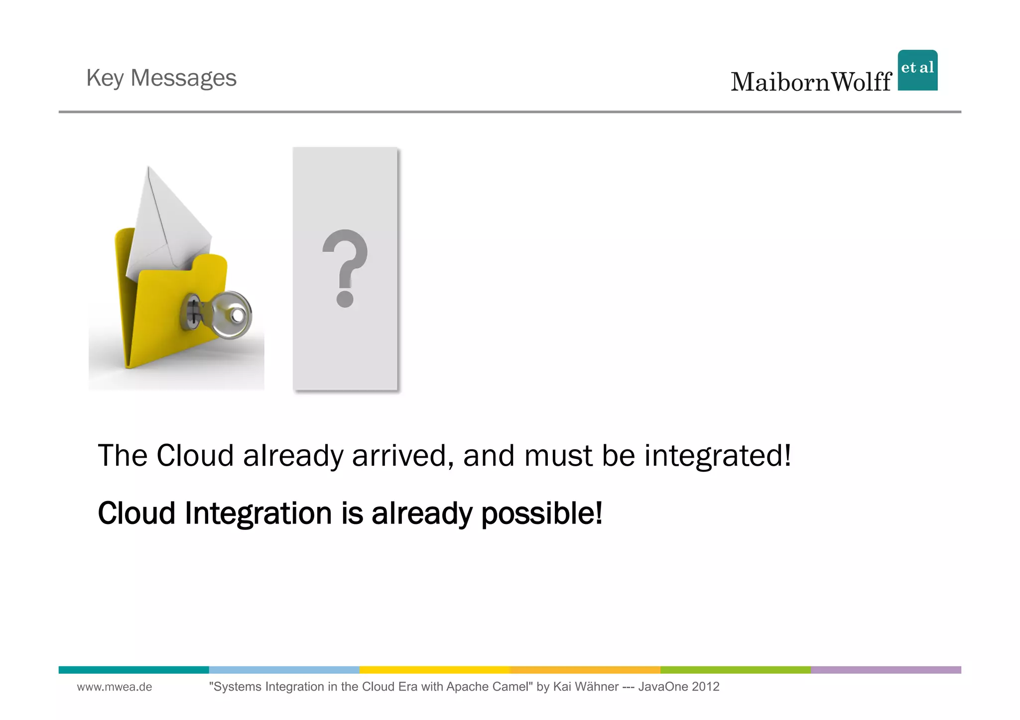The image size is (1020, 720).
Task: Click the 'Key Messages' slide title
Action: [161, 78]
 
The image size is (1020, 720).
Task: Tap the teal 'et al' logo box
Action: [917, 70]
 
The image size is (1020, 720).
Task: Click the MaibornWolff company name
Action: [810, 82]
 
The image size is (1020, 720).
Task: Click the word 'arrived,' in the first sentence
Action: [402, 455]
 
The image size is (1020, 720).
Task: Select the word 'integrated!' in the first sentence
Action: [717, 455]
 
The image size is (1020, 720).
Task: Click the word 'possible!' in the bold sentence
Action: [541, 513]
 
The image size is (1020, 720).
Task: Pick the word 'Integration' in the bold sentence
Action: [258, 513]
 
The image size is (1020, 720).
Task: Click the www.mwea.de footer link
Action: [115, 687]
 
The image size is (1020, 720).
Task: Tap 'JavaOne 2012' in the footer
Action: [678, 687]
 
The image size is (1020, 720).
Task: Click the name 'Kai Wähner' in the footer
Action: [586, 687]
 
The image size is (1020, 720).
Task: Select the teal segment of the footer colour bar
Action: [133, 670]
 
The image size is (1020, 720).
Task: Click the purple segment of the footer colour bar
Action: [886, 670]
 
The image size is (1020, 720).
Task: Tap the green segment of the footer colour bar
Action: [735, 670]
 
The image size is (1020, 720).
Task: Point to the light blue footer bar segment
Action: [284, 670]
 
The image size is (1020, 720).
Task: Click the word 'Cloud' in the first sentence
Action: [195, 455]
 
